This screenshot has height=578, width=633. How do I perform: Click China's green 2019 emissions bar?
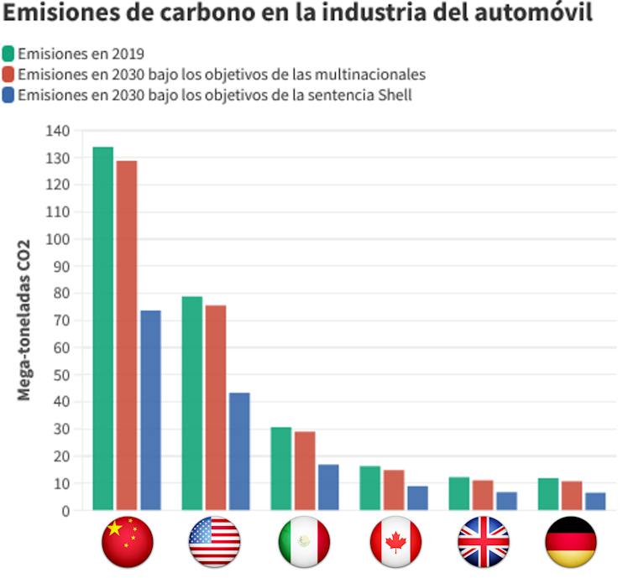pos(103,328)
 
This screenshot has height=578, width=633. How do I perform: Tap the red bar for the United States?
pos(216,407)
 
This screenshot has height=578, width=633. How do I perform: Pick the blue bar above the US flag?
pos(239,450)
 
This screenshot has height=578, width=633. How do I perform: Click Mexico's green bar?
pos(281,468)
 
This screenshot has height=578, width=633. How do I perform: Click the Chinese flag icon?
pos(127,542)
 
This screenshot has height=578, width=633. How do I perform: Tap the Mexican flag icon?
pos(304,542)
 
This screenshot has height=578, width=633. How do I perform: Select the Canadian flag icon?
pos(395,542)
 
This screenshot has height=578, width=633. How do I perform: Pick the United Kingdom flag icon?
pos(484,542)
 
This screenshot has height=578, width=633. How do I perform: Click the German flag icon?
pos(571,542)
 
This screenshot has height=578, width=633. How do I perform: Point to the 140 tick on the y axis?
pos(59,131)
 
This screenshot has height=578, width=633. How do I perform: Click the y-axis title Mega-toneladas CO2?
pos(24,320)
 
